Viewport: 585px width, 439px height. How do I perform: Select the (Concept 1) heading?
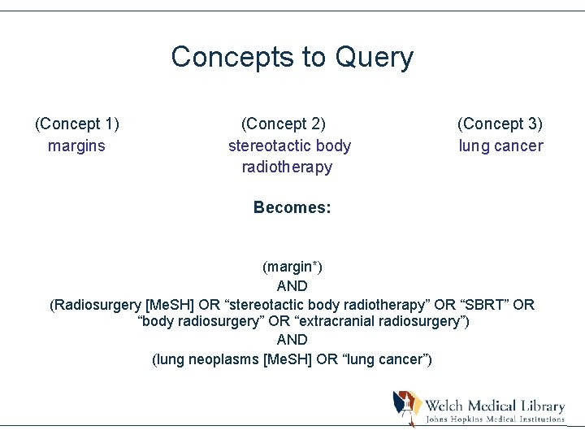[77, 124]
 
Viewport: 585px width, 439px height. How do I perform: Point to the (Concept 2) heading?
[284, 124]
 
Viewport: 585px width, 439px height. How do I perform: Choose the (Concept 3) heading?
[500, 124]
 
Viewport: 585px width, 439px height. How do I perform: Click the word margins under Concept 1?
[76, 146]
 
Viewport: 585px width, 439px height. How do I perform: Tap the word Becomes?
[292, 207]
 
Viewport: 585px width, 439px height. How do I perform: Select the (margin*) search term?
[292, 267]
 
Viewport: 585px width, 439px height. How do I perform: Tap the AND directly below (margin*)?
[292, 285]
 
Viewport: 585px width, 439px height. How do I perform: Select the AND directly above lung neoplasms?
[292, 340]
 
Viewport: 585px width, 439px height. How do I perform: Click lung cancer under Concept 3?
[500, 146]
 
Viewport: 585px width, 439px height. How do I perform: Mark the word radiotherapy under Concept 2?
[287, 167]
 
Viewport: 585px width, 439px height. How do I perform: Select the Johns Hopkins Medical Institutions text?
[496, 419]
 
